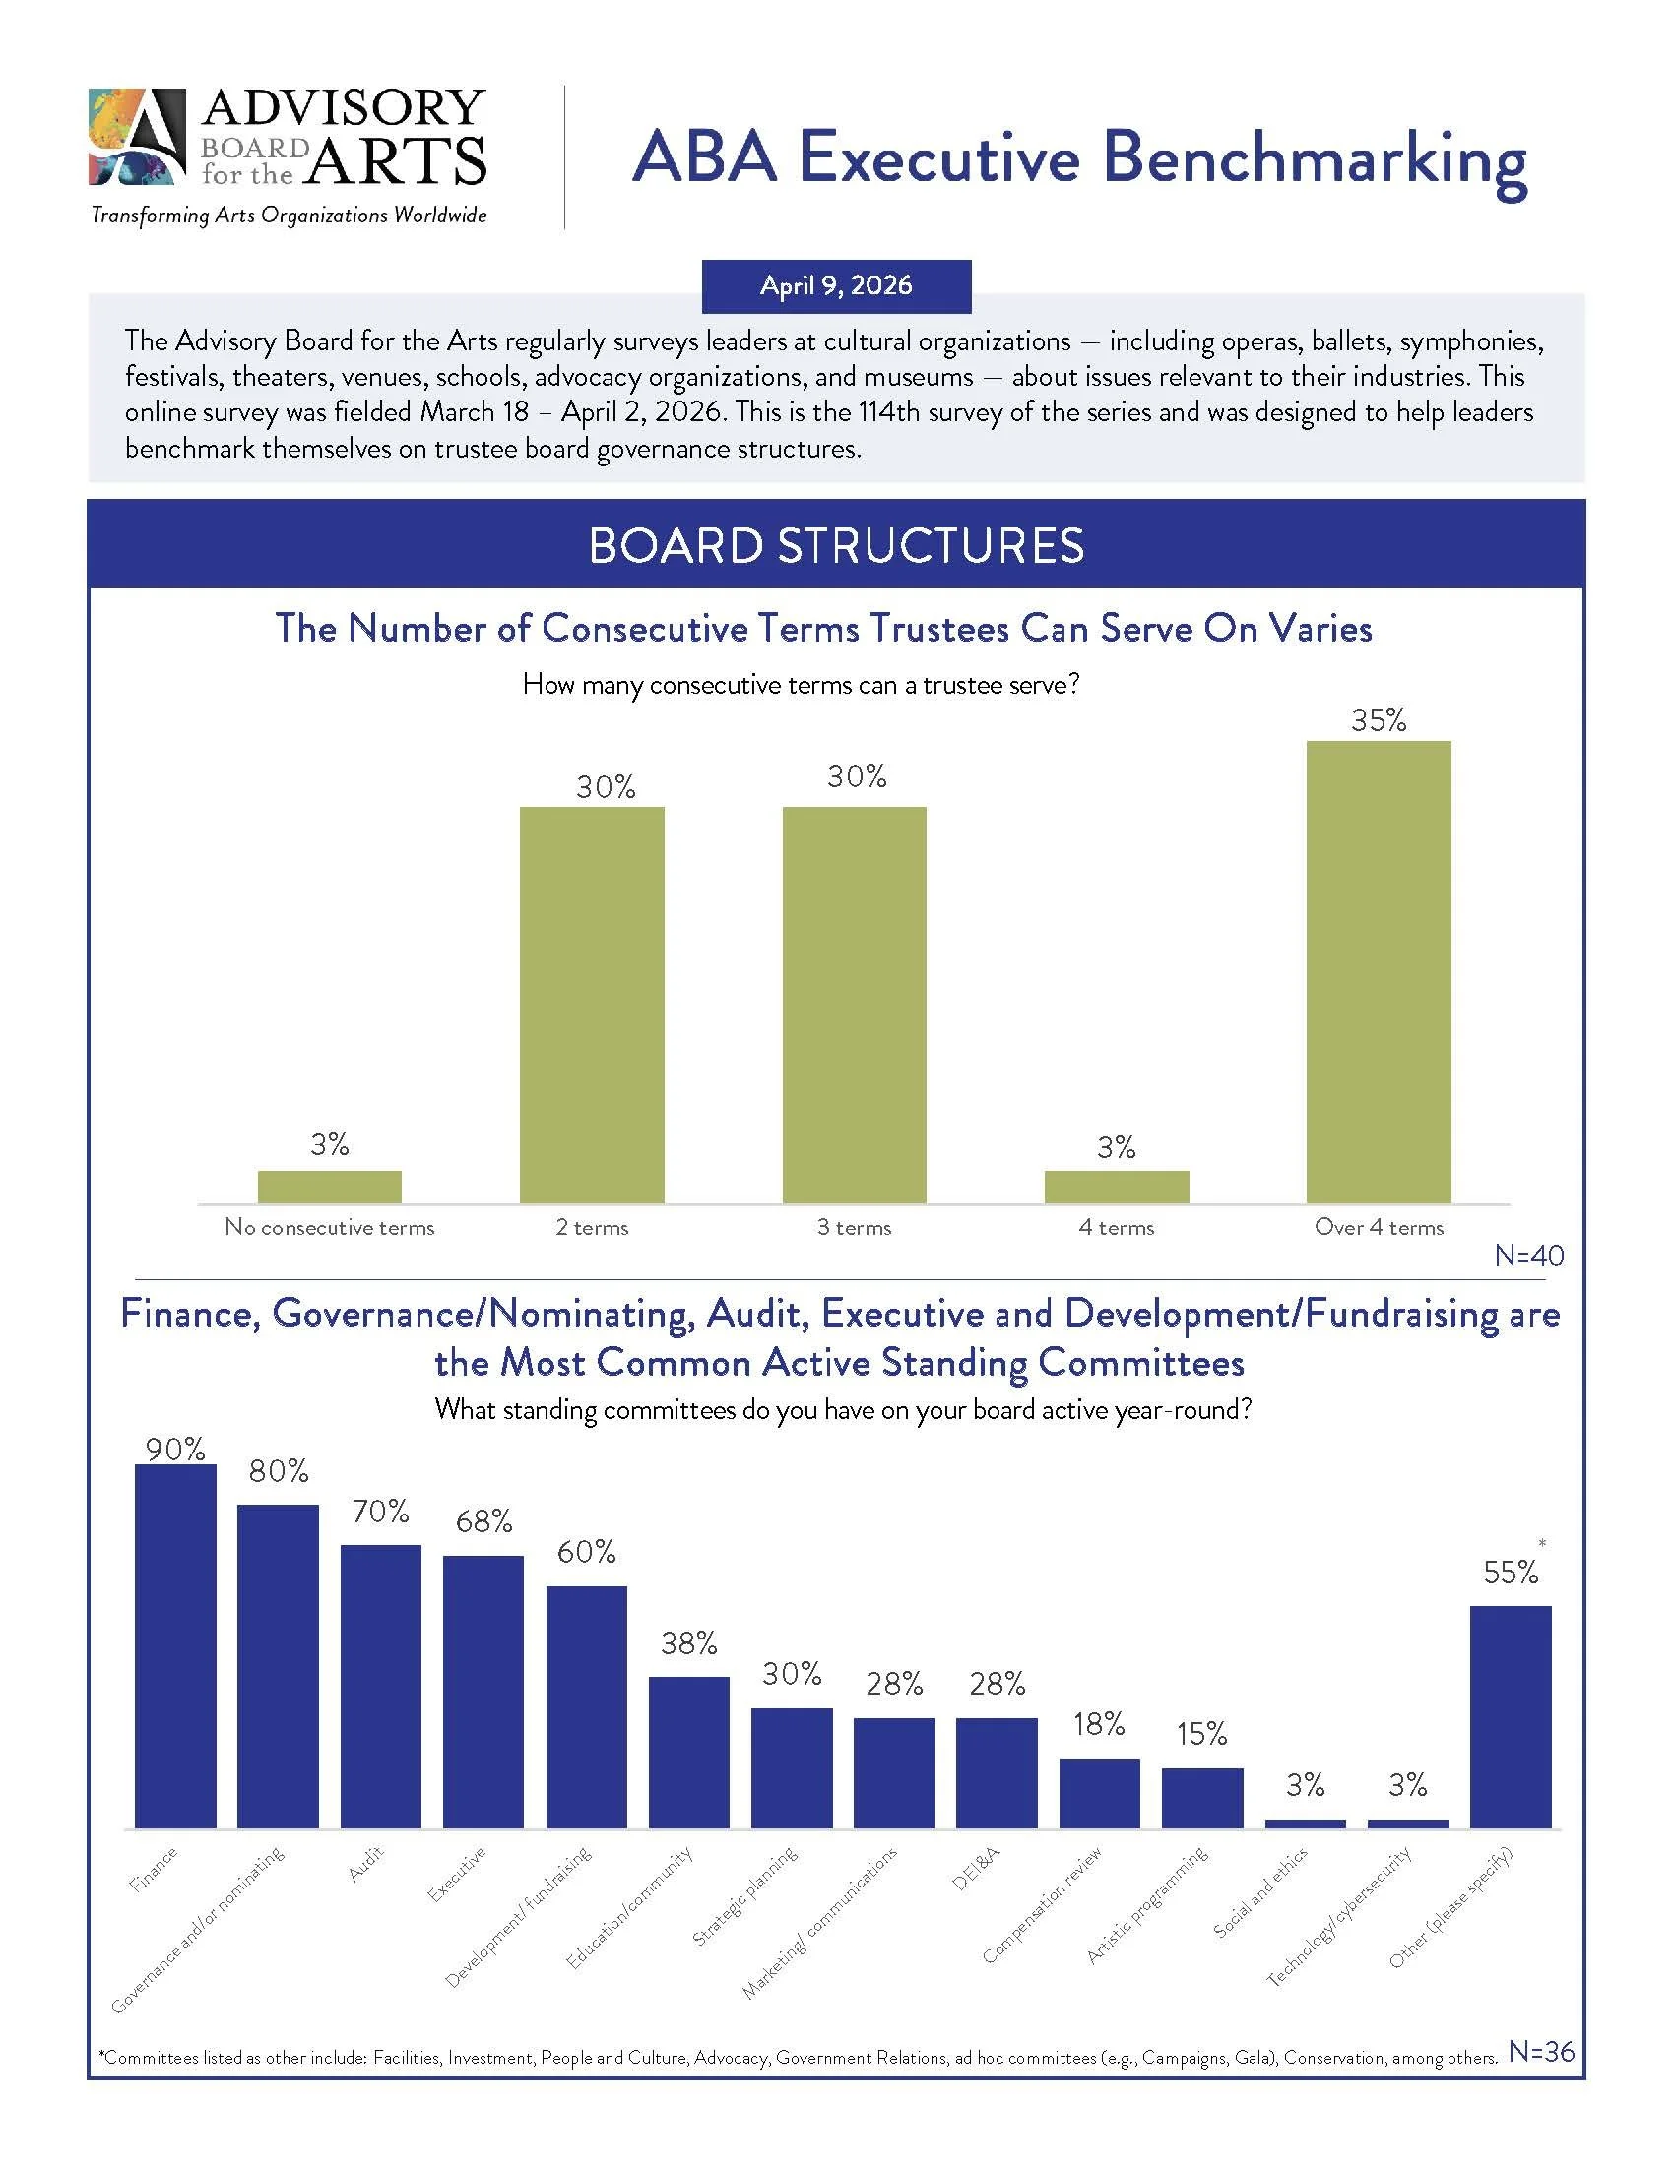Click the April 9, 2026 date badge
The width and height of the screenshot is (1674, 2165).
[836, 286]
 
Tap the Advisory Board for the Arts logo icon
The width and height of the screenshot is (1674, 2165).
[138, 137]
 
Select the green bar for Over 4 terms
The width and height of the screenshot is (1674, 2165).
[1379, 971]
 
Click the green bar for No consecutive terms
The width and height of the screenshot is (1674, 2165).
[329, 1187]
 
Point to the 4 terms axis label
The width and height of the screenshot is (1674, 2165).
[1116, 1227]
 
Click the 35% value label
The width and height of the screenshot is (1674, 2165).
[1379, 720]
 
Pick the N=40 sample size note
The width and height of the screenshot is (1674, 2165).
[1528, 1256]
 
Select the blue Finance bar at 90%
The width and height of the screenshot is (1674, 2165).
[175, 1645]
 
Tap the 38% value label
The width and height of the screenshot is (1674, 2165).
[689, 1643]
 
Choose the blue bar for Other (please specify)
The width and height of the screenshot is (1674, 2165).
[1510, 1717]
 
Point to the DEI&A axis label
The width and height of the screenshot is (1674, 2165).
[977, 1870]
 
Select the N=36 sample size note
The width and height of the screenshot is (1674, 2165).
[1541, 2051]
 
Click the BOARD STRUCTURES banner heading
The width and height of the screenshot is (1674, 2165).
[836, 546]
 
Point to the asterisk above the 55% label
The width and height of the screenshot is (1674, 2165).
[1542, 1543]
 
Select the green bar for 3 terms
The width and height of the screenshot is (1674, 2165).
[854, 1004]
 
